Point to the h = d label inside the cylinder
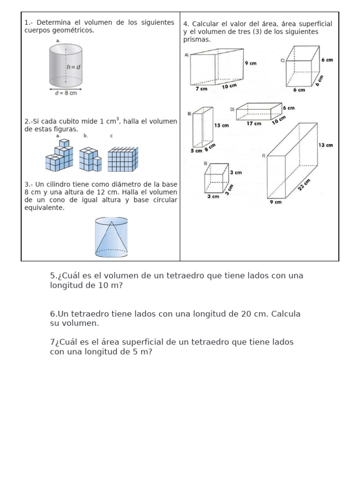[73, 67]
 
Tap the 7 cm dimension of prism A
[201, 88]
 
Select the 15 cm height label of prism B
[221, 125]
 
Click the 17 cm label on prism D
[254, 124]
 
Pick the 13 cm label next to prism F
[325, 145]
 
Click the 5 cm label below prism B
[196, 150]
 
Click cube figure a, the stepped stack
[60, 156]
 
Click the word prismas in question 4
[197, 39]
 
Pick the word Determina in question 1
[52, 22]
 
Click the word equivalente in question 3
[44, 208]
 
